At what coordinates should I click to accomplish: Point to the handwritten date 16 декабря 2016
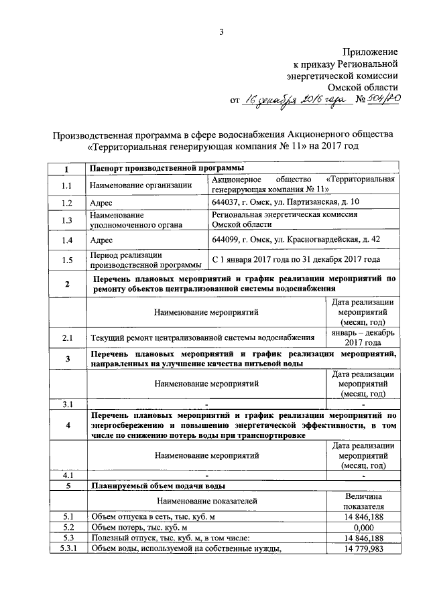coord(292,100)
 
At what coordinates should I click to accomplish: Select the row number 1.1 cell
coord(66,185)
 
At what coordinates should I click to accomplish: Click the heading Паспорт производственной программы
coord(167,168)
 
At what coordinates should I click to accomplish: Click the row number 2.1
coord(66,337)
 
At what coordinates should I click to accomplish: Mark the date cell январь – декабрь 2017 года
coord(363,337)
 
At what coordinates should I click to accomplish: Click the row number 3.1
coord(66,404)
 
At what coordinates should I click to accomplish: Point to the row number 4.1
coord(66,475)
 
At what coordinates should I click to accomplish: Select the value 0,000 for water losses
coord(363,527)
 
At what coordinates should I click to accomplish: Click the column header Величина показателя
coord(363,501)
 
